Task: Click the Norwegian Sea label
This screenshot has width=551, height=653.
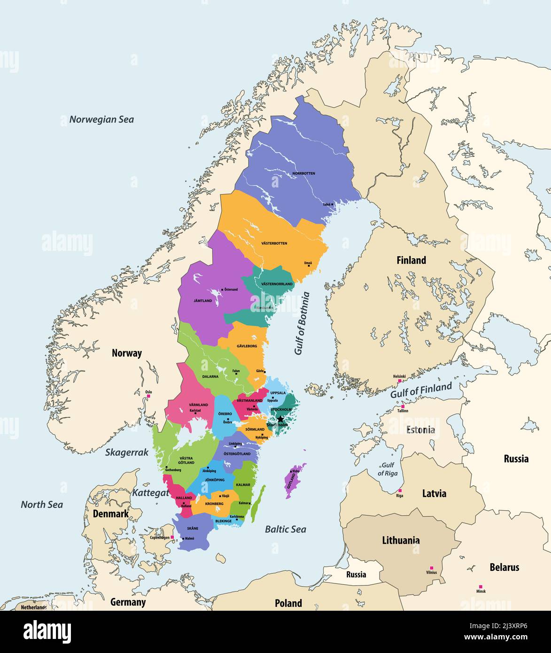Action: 101,119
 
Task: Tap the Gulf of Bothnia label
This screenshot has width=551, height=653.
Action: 302,323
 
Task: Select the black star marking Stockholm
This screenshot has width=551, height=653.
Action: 280,419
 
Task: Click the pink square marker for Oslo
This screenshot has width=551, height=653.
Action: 148,396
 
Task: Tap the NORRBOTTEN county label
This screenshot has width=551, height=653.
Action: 303,173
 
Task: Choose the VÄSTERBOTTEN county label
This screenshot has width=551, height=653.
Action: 274,243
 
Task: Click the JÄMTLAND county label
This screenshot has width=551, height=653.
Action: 202,300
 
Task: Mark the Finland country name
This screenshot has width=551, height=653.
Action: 411,260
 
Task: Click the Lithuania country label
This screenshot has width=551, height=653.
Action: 401,540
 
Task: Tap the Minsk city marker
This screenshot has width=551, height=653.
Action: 480,587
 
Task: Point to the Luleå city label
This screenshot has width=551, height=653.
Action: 326,205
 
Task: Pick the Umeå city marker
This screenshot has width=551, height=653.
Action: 309,266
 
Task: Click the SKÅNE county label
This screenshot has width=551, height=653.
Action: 192,529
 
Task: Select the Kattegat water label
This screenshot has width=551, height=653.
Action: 150,493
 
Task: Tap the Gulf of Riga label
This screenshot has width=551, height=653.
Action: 388,469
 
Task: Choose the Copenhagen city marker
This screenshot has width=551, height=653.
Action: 172,537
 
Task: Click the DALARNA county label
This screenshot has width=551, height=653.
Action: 210,376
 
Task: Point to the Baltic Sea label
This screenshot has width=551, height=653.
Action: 285,529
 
